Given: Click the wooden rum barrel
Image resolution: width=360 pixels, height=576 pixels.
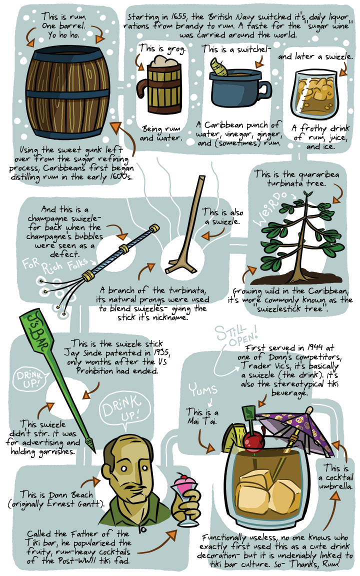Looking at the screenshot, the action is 67,92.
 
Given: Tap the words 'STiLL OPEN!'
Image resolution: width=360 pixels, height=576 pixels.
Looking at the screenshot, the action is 236,335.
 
